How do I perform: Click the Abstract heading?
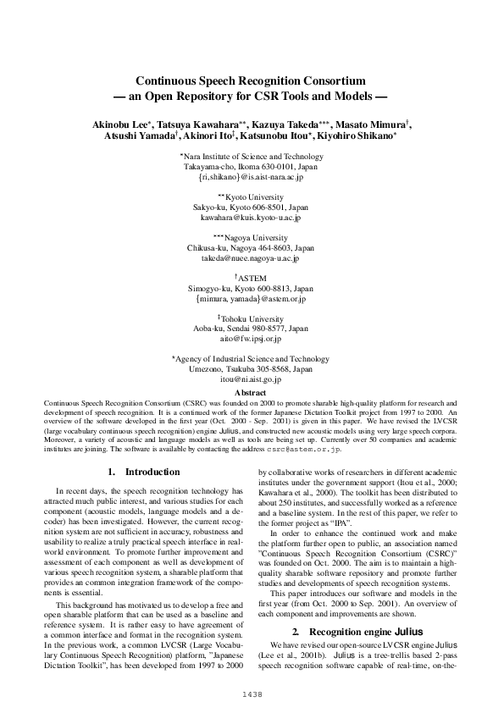[x=251, y=393]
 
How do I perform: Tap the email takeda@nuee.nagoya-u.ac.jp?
[x=251, y=258]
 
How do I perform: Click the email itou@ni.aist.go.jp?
[x=251, y=380]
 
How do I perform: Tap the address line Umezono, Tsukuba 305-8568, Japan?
[x=251, y=370]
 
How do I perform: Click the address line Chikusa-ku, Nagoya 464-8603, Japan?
[x=251, y=248]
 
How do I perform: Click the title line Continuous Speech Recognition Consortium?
[x=251, y=79]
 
